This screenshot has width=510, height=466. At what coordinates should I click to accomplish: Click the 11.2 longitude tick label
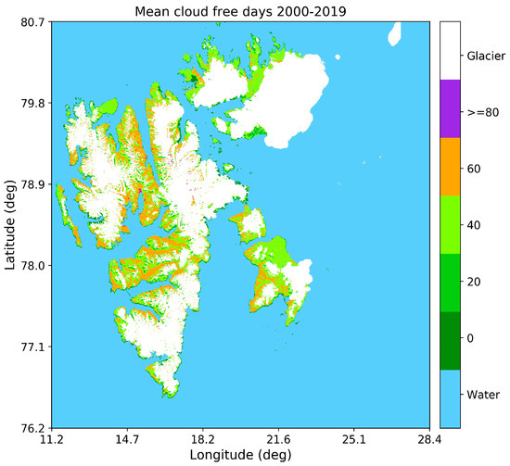[x=52, y=439]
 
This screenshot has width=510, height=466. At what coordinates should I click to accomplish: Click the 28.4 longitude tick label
[x=429, y=439]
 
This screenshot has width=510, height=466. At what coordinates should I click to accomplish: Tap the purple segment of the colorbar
[x=450, y=108]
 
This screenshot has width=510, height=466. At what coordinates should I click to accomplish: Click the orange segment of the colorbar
[x=450, y=167]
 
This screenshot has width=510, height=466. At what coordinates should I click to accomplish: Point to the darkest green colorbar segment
[x=450, y=340]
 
